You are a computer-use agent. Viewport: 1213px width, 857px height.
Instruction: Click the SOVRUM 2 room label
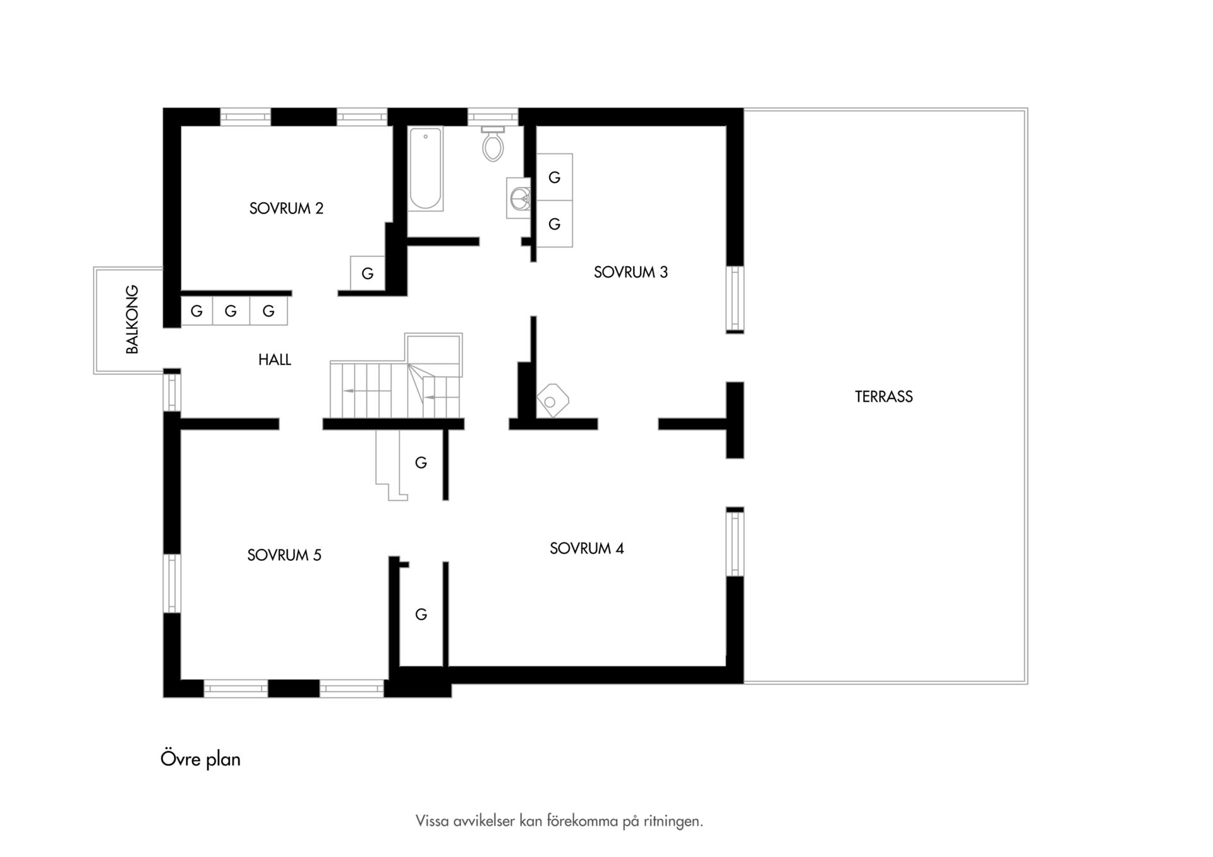pyautogui.click(x=286, y=208)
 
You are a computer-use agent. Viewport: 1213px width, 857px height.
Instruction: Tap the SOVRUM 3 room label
pyautogui.click(x=631, y=272)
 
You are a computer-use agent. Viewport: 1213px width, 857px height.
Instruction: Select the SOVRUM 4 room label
pyautogui.click(x=587, y=548)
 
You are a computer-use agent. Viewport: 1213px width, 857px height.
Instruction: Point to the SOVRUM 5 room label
pyautogui.click(x=284, y=555)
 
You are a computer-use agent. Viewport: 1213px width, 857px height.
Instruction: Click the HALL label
pyautogui.click(x=275, y=360)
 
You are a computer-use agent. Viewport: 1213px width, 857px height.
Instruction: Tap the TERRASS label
pyautogui.click(x=884, y=397)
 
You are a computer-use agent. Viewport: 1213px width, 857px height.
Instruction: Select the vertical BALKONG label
pyautogui.click(x=132, y=320)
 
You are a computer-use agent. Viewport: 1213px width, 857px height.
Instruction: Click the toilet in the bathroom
pyautogui.click(x=493, y=143)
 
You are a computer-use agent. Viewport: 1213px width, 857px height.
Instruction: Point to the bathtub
pyautogui.click(x=426, y=169)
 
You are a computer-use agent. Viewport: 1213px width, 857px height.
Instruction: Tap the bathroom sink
pyautogui.click(x=519, y=198)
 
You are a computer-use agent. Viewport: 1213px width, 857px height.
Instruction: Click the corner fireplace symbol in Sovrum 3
pyautogui.click(x=553, y=400)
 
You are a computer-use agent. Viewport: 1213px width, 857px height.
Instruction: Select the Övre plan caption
pyautogui.click(x=200, y=758)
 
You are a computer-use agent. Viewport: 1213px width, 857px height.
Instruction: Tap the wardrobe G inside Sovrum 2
pyautogui.click(x=368, y=273)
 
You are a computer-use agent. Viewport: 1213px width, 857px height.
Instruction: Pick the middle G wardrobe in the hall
pyautogui.click(x=231, y=311)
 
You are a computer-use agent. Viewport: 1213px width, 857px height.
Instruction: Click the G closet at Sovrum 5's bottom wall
pyautogui.click(x=421, y=614)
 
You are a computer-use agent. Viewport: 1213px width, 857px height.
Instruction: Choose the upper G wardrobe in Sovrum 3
pyautogui.click(x=555, y=177)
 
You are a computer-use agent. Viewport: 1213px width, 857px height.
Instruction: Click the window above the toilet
pyautogui.click(x=493, y=117)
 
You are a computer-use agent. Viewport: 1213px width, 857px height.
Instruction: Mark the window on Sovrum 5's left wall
pyautogui.click(x=172, y=584)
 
